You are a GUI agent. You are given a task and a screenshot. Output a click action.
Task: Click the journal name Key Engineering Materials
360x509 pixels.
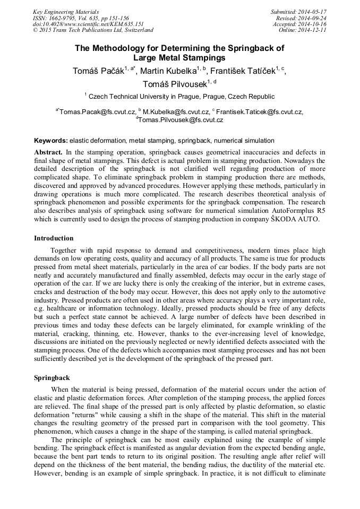pyautogui.click(x=66, y=11)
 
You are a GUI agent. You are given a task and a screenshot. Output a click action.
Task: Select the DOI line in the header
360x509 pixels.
pyautogui.click(x=88, y=24)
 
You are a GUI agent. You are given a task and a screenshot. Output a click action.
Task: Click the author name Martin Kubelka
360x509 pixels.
pyautogui.click(x=168, y=71)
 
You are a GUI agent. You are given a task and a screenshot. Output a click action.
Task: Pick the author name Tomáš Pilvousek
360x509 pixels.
pyautogui.click(x=175, y=84)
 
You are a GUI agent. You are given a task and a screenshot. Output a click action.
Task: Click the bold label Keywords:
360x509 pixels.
pyautogui.click(x=51, y=141)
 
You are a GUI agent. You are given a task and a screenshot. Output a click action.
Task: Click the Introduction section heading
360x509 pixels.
pyautogui.click(x=54, y=238)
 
